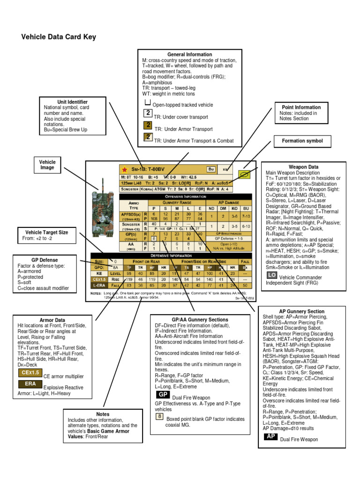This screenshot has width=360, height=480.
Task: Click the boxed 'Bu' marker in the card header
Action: click(x=211, y=169)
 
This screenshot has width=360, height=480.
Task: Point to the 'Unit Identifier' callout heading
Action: click(x=72, y=102)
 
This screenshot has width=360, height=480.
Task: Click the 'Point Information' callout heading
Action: click(x=301, y=107)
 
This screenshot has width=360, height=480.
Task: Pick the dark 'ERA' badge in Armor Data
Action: click(x=30, y=384)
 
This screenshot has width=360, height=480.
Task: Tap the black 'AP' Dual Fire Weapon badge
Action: click(x=270, y=436)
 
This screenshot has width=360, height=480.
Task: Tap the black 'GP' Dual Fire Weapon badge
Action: click(x=160, y=395)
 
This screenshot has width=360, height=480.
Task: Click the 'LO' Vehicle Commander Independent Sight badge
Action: click(x=271, y=274)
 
